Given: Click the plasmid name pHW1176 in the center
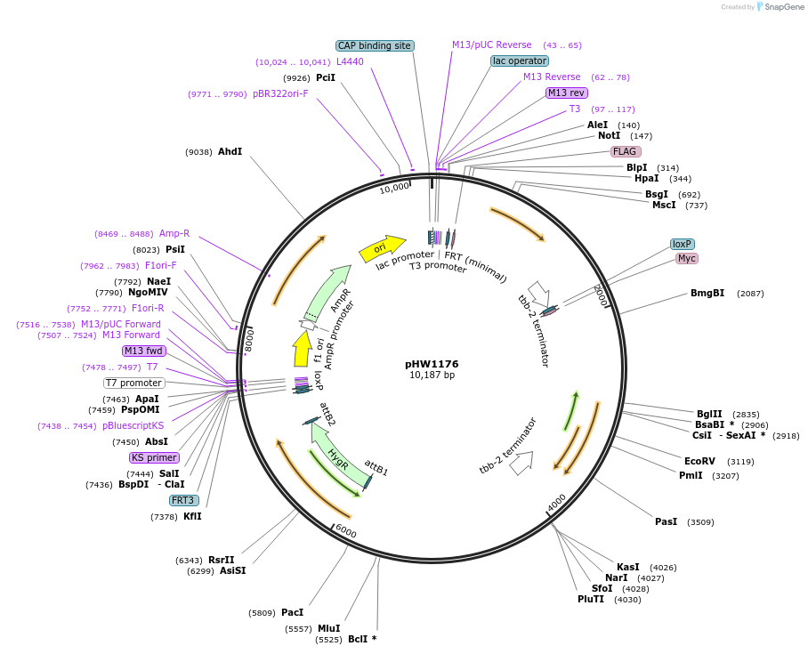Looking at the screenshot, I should (432, 363).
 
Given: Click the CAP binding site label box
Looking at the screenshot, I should (375, 45).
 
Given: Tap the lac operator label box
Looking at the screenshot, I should (520, 61).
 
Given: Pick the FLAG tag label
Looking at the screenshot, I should (625, 151).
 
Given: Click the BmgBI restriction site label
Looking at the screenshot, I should (707, 293).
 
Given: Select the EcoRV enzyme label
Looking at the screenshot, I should (699, 461).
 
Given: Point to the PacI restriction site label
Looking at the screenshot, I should (292, 612).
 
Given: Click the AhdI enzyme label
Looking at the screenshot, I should (230, 151).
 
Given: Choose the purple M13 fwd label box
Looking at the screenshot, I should (143, 351).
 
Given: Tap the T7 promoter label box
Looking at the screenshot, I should (134, 383).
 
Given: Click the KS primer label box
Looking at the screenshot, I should (155, 457).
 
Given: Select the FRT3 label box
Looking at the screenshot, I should (182, 500).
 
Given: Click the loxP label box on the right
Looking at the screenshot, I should (683, 244).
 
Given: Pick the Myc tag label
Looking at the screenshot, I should (687, 258).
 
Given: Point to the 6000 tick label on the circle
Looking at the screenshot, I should (345, 531).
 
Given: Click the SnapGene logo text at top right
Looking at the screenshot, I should (784, 6).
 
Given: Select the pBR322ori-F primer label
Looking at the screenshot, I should (280, 93).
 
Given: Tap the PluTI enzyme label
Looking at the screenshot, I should (591, 599).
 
